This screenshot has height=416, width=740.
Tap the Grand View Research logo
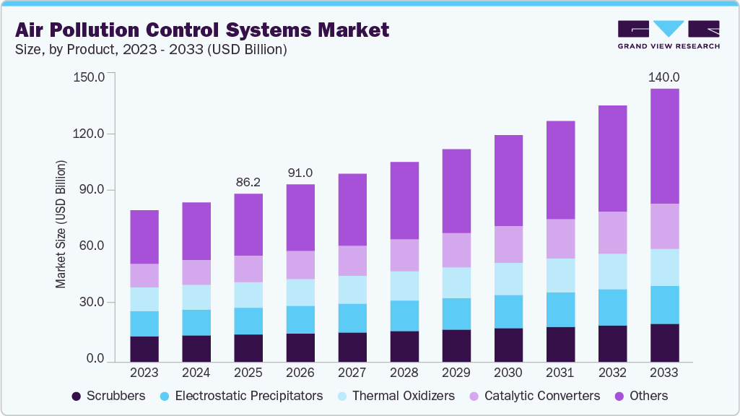pyautogui.click(x=669, y=35)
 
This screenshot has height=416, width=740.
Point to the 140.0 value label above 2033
pyautogui.click(x=664, y=77)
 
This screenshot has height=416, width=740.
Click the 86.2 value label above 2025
pyautogui.click(x=248, y=182)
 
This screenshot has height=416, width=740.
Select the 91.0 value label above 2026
pyautogui.click(x=300, y=173)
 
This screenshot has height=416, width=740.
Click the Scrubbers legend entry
pyautogui.click(x=109, y=396)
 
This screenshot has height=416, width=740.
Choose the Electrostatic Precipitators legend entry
pyautogui.click(x=242, y=396)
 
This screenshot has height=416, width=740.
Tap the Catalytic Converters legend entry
pyautogui.click(x=534, y=396)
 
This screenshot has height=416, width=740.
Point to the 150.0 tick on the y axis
pyautogui.click(x=90, y=77)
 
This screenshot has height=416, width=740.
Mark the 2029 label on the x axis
pyautogui.click(x=456, y=373)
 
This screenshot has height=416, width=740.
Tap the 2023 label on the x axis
pyautogui.click(x=144, y=373)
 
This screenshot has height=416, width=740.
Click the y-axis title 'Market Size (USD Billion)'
pyautogui.click(x=61, y=224)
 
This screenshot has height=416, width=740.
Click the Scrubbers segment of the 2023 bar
pyautogui.click(x=144, y=348)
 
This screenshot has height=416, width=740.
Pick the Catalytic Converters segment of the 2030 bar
pyautogui.click(x=508, y=244)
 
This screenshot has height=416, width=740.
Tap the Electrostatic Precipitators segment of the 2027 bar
pyautogui.click(x=352, y=318)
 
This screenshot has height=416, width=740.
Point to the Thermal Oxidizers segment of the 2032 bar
pyautogui.click(x=612, y=272)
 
